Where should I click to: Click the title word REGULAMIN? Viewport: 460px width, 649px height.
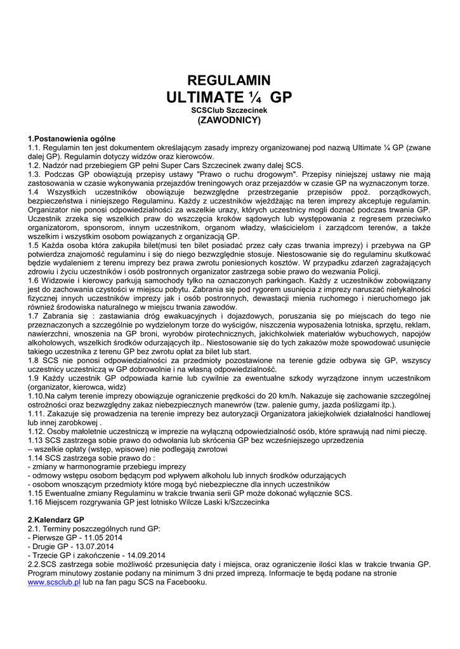pos(230,80)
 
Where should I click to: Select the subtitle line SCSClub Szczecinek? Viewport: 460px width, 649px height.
pos(230,110)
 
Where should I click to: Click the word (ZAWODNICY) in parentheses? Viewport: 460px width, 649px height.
pos(230,119)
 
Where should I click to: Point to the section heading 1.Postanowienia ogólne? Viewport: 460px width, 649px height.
pos(71,138)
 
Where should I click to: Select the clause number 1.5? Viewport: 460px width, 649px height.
pos(34,245)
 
